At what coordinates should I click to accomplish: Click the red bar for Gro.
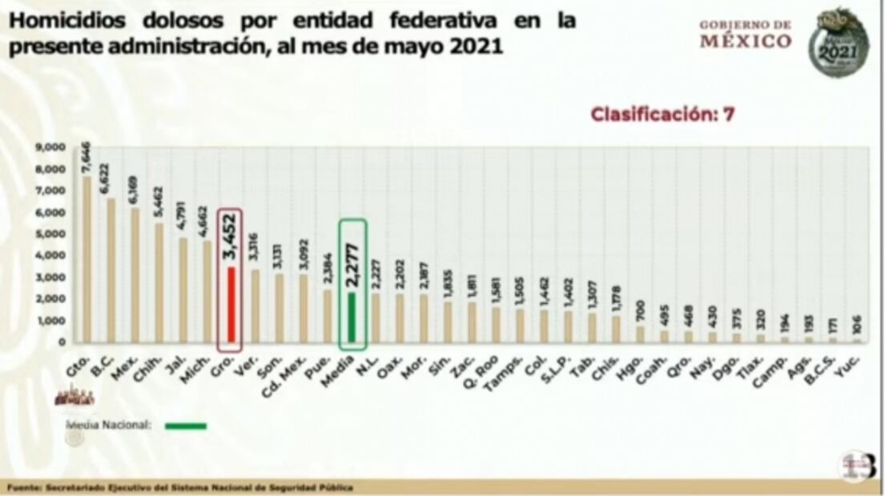[231, 304]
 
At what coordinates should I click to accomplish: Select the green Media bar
[352, 317]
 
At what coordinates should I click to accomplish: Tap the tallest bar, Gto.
[86, 260]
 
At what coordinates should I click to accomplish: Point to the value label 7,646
[86, 158]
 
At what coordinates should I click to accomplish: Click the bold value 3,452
[230, 235]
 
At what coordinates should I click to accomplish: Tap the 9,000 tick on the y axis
[50, 148]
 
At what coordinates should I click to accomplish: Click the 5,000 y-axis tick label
[50, 234]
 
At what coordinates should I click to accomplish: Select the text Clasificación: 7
[662, 114]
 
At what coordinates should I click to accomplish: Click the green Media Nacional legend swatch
[186, 426]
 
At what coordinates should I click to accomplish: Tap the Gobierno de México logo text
[745, 34]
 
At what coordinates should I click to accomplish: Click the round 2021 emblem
[838, 43]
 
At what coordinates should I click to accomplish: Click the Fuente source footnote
[180, 487]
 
